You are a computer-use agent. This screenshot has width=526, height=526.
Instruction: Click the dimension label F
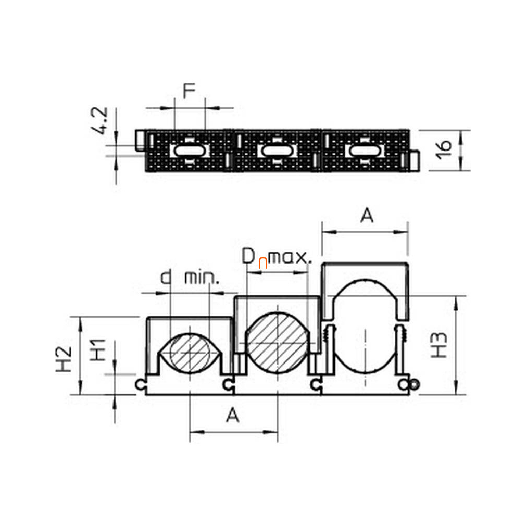(x=189, y=91)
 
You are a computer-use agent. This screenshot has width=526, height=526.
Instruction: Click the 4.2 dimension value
(x=100, y=121)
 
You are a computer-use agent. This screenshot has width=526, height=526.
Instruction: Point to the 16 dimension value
(x=444, y=149)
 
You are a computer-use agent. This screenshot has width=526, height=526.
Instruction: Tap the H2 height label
(x=64, y=359)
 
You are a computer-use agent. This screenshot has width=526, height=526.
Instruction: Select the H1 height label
(x=98, y=350)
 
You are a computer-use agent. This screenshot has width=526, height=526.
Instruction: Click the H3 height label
(x=439, y=345)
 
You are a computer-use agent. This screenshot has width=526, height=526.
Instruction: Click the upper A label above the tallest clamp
(x=367, y=216)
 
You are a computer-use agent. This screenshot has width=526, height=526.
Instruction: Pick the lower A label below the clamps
(x=232, y=415)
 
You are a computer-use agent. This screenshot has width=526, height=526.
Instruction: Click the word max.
(x=290, y=257)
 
